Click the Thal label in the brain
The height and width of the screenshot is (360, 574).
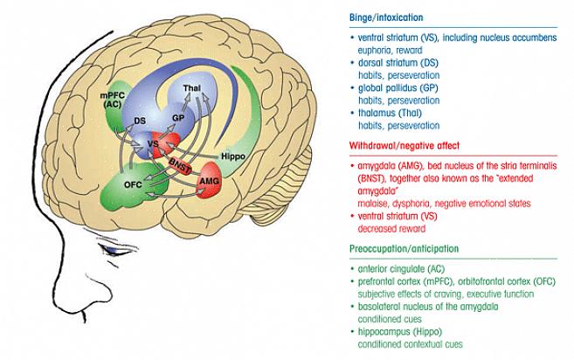coord(191,89)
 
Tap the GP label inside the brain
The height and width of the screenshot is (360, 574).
coord(177,117)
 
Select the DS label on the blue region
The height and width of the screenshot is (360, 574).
coord(139,120)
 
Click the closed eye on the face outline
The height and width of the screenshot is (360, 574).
coord(114,250)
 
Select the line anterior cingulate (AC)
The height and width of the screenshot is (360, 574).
coord(401,270)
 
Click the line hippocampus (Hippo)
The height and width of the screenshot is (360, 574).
coord(398,332)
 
